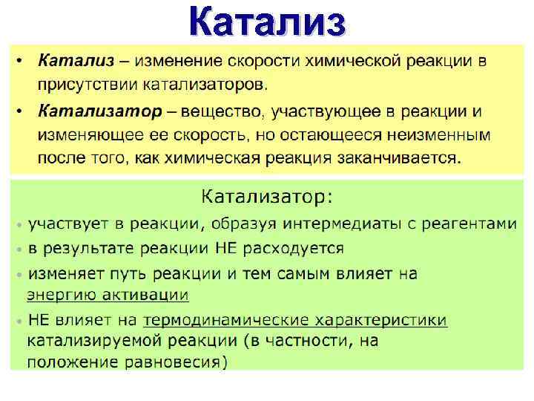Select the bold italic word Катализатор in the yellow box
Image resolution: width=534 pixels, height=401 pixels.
(98, 112)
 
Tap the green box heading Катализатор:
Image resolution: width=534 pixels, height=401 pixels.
(268, 197)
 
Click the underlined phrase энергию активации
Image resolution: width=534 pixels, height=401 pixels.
(108, 294)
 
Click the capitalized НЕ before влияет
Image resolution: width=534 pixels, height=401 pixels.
(39, 321)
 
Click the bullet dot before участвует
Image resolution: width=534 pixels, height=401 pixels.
(19, 224)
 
